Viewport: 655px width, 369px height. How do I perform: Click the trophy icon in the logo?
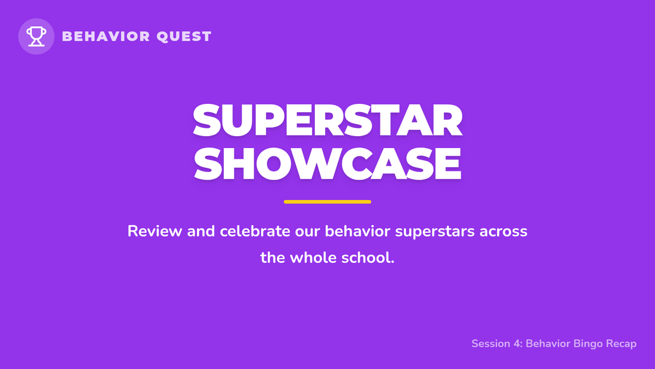(36, 36)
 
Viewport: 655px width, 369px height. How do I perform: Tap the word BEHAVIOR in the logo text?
(106, 36)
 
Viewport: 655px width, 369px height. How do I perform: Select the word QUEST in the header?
(184, 37)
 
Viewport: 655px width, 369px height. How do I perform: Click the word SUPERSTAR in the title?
(327, 120)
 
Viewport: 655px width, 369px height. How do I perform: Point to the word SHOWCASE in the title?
(327, 163)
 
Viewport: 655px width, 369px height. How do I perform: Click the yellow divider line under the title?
(327, 202)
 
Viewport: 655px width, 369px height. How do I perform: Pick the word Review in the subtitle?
(154, 231)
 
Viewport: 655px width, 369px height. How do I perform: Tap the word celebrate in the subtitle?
(255, 231)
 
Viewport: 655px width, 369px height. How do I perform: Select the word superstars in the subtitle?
(435, 232)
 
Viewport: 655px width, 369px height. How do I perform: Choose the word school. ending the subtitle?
(368, 257)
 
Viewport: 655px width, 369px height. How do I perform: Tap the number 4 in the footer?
(517, 343)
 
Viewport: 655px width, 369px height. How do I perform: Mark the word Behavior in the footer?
(548, 343)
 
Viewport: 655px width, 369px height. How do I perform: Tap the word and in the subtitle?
(201, 231)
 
